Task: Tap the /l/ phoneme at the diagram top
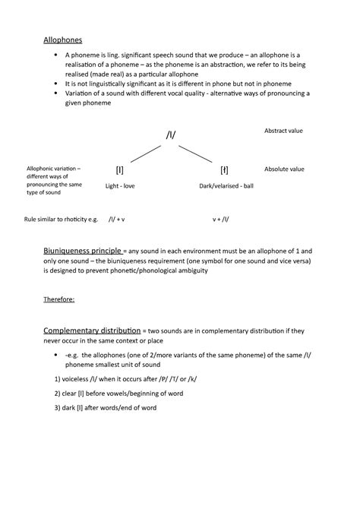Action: (x=171, y=134)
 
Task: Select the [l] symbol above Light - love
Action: (x=120, y=169)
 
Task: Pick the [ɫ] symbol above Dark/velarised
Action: (x=224, y=169)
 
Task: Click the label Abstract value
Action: (x=283, y=131)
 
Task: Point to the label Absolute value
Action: (x=284, y=169)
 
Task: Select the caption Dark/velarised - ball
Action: (x=226, y=185)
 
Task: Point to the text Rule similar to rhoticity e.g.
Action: (x=62, y=219)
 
